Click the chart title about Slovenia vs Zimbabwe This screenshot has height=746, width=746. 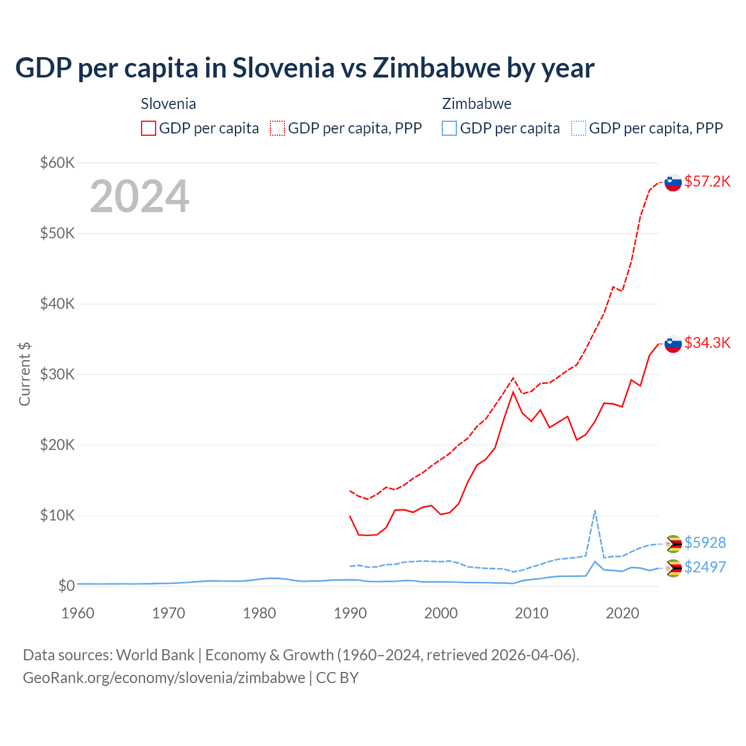tap(304, 68)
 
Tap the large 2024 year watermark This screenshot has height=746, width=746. tap(139, 196)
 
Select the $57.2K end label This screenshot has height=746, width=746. tap(707, 182)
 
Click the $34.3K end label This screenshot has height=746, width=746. tap(707, 343)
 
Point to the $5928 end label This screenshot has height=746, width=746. tap(705, 543)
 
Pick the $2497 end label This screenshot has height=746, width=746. tap(705, 567)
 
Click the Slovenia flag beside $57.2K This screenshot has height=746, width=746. tap(673, 183)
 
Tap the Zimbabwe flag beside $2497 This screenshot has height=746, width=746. tap(673, 568)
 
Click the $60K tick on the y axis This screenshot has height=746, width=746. tap(57, 163)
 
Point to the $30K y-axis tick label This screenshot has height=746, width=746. tap(57, 374)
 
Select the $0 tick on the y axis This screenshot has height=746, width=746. tap(66, 586)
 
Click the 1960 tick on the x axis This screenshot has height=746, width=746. tap(78, 613)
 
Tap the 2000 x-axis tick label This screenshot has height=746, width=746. tap(441, 613)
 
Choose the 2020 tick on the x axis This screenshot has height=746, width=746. tap(622, 613)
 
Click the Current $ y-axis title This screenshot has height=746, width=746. tap(24, 374)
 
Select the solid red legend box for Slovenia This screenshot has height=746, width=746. tap(149, 128)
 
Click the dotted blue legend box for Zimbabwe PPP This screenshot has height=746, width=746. tap(579, 128)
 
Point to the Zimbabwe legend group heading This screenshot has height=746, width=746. tap(477, 104)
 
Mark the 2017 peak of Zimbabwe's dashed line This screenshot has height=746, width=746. tap(594, 511)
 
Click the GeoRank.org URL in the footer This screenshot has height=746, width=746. tap(164, 678)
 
